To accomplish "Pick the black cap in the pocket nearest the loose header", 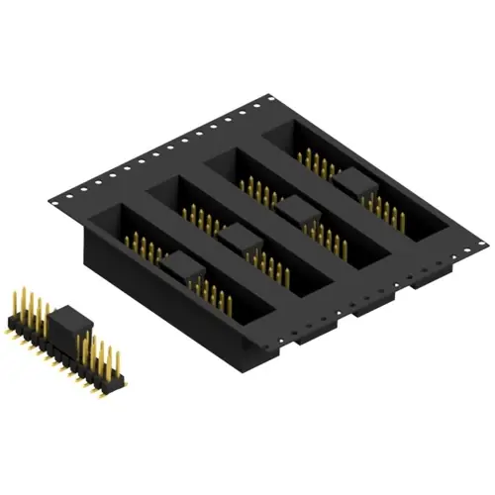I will [x=179, y=264].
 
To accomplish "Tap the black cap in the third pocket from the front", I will [x=295, y=207].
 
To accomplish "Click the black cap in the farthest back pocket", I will [x=350, y=179].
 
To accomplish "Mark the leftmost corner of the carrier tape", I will [x=49, y=203].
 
